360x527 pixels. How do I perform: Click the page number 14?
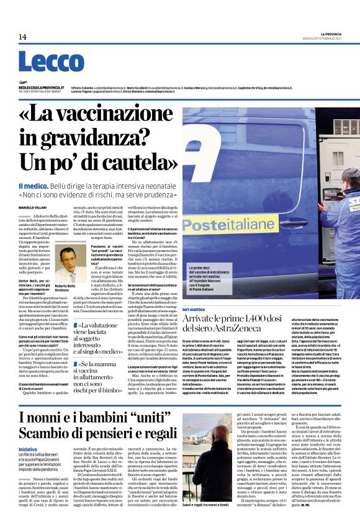tap(22, 37)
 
